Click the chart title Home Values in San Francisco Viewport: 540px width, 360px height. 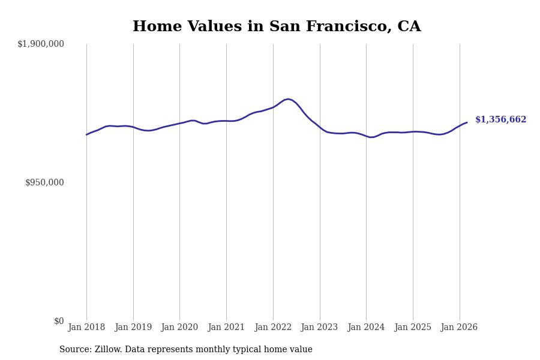[277, 27]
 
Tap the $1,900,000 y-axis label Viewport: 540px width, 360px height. [41, 44]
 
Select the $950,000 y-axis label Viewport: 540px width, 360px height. [44, 182]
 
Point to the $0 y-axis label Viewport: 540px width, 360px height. [59, 321]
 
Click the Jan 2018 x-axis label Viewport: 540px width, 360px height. [86, 328]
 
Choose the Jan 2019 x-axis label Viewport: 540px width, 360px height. [133, 328]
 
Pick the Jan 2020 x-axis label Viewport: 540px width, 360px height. [179, 328]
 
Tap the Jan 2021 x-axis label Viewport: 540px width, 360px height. [226, 328]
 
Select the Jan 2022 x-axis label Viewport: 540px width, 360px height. [273, 328]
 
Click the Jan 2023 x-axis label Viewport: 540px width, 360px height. [320, 328]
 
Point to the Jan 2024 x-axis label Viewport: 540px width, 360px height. [366, 328]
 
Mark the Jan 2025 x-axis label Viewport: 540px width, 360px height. [413, 328]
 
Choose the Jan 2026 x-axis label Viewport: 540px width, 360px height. [459, 328]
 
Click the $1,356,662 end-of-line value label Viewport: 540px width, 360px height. [500, 120]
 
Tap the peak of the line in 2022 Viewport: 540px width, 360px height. [289, 99]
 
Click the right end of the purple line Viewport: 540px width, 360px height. [467, 122]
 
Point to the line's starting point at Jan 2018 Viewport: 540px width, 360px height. [86, 134]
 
